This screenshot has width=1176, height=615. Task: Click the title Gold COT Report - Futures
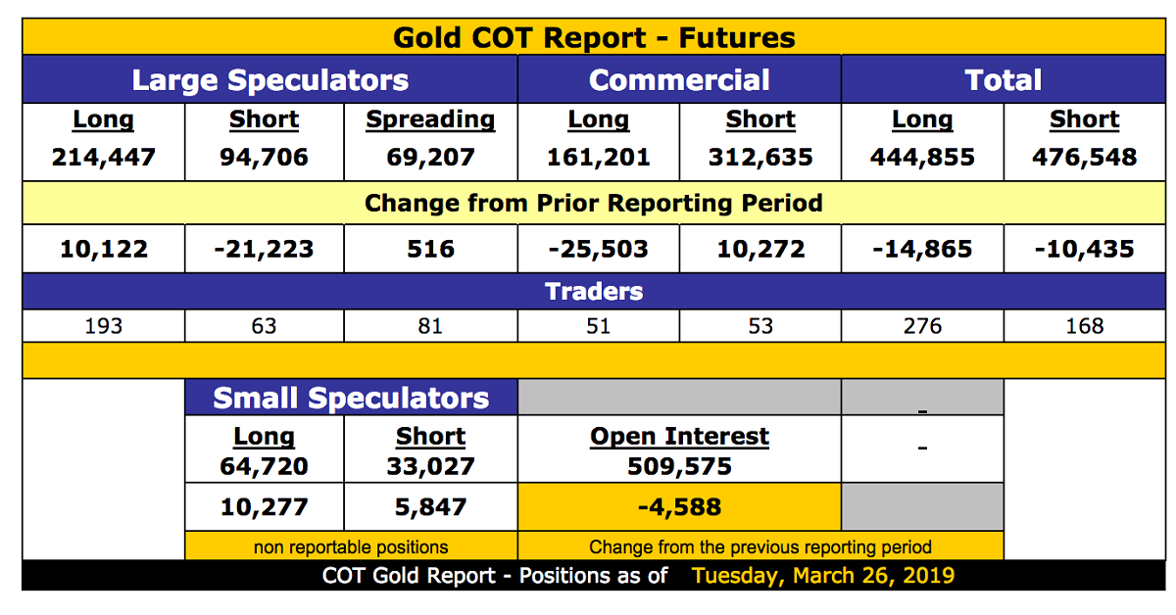pos(594,38)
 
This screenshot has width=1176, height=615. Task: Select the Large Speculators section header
pos(269,80)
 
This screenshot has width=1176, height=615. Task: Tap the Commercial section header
pos(679,80)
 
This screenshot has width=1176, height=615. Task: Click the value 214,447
pos(104,157)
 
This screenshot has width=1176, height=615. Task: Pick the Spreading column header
pos(430,120)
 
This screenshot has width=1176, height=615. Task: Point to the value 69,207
pos(430,157)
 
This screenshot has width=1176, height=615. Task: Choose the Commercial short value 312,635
pos(760,157)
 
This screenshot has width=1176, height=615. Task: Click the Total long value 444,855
pos(922,157)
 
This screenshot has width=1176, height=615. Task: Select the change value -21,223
pos(264,249)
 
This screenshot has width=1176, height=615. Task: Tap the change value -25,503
pos(598,249)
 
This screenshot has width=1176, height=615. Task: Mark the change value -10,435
pos(1084,249)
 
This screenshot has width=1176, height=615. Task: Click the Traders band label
pos(594,291)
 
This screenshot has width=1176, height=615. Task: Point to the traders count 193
pos(104,326)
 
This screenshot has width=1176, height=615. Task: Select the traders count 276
pos(922,326)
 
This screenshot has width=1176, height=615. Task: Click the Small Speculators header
pos(351,399)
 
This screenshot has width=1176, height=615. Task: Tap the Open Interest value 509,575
pos(679,466)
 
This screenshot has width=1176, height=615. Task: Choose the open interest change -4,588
pos(679,507)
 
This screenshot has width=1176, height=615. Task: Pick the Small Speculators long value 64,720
pos(264,466)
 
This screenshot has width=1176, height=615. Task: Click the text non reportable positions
pos(351,547)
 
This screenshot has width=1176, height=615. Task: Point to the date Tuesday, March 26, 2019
pos(823,575)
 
